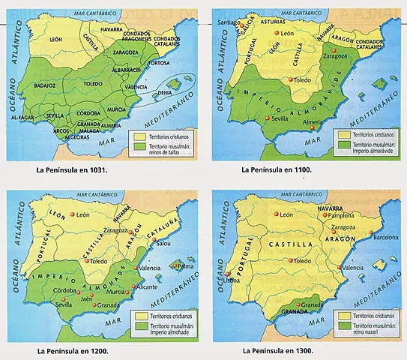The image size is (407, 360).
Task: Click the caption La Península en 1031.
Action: coord(72,169)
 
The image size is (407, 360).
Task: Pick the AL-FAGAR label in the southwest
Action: coord(23,117)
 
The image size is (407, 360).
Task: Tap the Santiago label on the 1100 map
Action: coord(226,23)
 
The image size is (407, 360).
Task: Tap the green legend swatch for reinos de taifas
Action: coord(139,148)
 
